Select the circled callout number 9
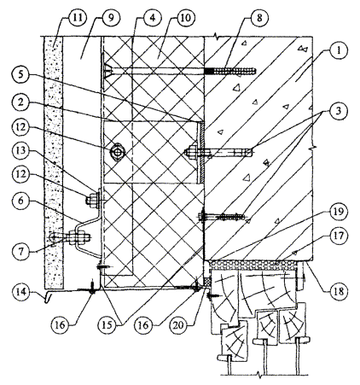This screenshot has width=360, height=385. coord(111,18)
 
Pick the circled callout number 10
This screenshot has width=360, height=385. coord(185,18)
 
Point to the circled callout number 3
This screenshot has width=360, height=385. coord(338,111)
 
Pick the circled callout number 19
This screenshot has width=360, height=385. coord(338,211)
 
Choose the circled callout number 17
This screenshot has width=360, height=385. coord(338,236)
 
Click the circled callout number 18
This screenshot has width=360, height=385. coord(338,291)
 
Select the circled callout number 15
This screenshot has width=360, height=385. coord(107,324)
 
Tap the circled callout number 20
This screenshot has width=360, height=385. coord(178,324)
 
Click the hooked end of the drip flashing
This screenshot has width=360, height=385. coord(48,298)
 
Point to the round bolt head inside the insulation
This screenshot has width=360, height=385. coord(117,153)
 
